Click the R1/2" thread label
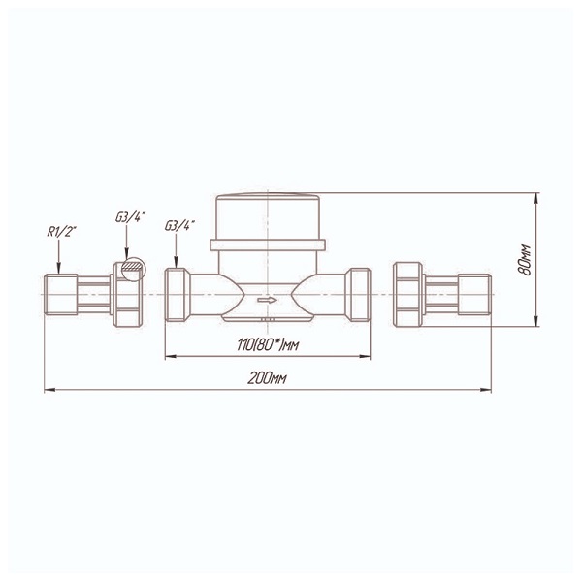[61, 232]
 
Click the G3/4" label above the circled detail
[130, 217]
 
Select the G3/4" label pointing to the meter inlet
[179, 225]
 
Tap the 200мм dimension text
[267, 378]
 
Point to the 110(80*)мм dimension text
[268, 345]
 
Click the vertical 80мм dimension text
[525, 260]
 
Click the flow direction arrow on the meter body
[268, 300]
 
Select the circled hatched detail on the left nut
[134, 269]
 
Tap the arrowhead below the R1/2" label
[58, 270]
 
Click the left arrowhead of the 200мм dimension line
[49, 390]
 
